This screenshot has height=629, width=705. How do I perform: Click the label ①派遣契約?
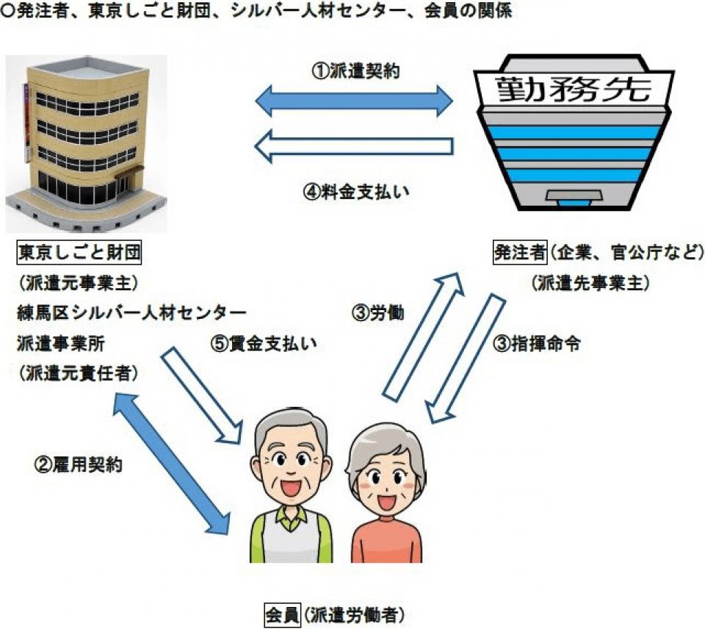(x=355, y=71)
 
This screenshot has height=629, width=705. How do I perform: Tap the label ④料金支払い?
(x=355, y=192)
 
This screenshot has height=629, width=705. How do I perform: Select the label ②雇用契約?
(x=79, y=464)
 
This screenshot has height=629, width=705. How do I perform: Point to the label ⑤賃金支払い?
(x=264, y=344)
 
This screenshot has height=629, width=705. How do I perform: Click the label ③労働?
(x=377, y=313)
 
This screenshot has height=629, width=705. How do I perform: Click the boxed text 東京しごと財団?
(x=79, y=253)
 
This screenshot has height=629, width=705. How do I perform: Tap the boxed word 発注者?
(x=520, y=253)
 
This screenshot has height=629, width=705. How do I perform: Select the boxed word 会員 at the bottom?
(x=282, y=615)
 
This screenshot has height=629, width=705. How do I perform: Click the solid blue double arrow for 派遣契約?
(x=354, y=101)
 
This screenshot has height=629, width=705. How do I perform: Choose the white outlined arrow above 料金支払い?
(x=354, y=146)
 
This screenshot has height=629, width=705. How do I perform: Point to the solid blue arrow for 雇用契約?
(x=171, y=464)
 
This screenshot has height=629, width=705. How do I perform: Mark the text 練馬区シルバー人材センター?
(x=131, y=313)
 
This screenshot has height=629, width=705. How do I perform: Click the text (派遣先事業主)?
(x=590, y=283)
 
